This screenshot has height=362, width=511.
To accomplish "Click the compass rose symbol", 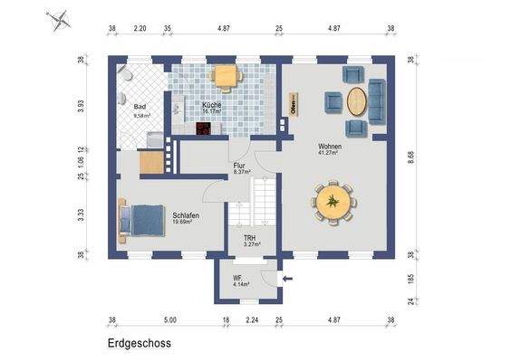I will pos(59,18).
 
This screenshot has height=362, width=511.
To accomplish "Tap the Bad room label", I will pos(140,106).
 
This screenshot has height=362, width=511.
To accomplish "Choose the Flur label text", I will pos(240,167).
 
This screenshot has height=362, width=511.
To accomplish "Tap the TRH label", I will pos(249,239).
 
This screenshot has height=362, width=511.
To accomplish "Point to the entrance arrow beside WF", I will pos(287,280).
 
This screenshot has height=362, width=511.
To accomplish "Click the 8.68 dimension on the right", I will pos(412,156).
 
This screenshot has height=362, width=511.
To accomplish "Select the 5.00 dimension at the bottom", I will pos(169,319).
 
